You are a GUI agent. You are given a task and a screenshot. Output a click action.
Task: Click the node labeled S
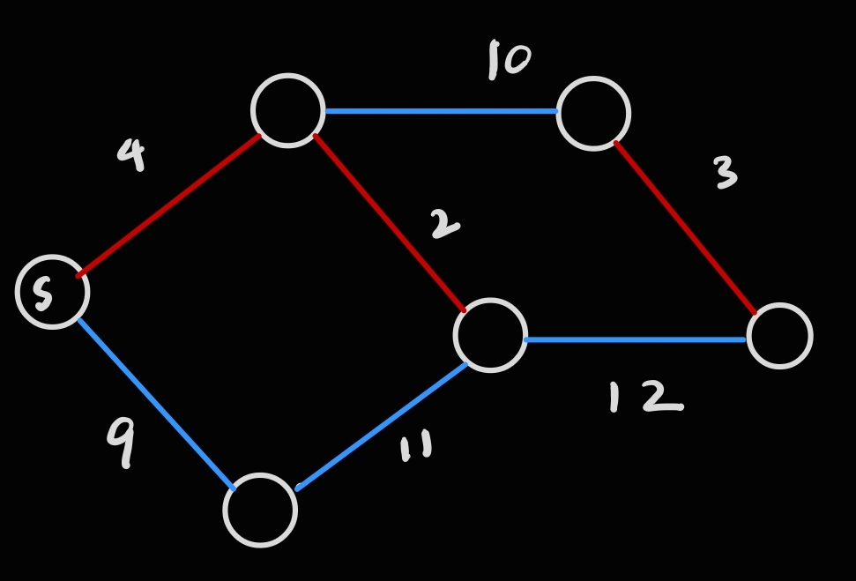52,292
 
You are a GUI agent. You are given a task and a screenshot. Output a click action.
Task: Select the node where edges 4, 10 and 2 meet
287,110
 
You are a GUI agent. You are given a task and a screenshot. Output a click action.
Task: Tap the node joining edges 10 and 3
593,114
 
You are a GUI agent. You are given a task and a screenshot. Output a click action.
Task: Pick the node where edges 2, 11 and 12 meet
490,335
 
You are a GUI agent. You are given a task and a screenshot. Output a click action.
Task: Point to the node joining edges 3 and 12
779,336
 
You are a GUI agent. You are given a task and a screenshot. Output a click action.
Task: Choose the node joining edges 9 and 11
260,510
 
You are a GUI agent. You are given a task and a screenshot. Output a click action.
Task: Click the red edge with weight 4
167,206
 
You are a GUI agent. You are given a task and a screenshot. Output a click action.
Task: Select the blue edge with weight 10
441,111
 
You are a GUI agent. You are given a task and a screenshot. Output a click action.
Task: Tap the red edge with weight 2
390,223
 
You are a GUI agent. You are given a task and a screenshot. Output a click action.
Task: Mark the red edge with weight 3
685,227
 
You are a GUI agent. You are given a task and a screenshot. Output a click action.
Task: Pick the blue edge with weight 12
635,339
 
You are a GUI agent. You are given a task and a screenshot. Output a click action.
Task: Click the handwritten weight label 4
130,154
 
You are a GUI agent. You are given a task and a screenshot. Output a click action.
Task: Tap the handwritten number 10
509,60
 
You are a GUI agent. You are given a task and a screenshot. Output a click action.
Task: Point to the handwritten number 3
725,173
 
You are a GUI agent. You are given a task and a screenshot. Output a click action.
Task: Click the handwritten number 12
644,397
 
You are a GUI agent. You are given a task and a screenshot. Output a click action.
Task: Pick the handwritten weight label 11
415,447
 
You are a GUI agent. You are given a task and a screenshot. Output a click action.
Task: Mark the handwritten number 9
122,440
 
